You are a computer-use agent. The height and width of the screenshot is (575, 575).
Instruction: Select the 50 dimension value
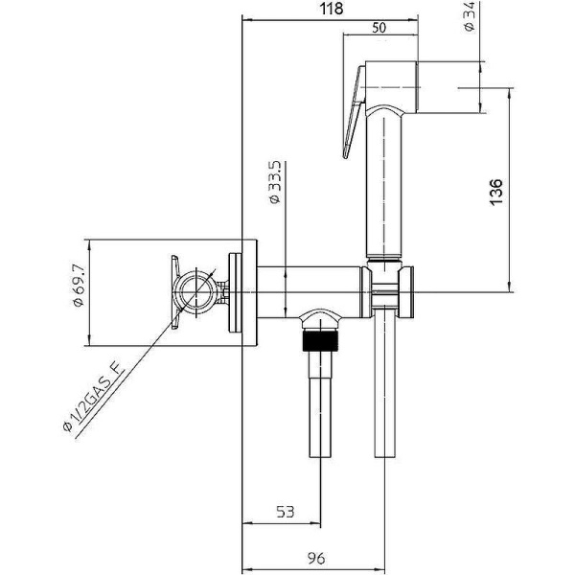point(379,28)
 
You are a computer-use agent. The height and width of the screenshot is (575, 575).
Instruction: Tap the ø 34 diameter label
point(471,18)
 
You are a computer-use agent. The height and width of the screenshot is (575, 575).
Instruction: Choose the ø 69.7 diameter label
point(79,291)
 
